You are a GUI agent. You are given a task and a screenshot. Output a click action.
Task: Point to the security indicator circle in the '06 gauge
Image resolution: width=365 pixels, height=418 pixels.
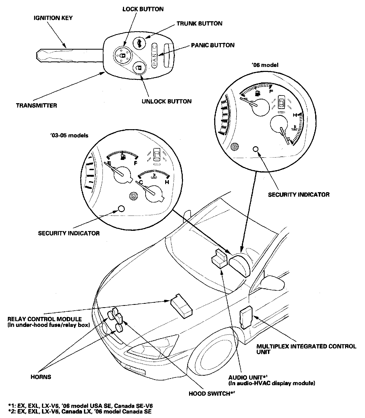click(x=256, y=149)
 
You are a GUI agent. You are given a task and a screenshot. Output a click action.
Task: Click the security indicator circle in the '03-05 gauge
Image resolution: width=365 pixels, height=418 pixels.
click(x=121, y=208)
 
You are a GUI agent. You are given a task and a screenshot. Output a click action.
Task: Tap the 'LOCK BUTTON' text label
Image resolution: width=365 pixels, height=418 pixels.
click(x=143, y=9)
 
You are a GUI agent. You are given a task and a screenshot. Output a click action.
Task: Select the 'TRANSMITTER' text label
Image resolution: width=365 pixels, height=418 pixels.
click(x=36, y=106)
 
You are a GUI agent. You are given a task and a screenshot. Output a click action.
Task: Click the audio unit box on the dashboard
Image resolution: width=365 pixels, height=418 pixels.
click(x=219, y=259)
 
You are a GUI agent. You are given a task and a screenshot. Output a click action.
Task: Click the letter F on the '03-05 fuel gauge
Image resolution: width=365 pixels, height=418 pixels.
click(x=136, y=163)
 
